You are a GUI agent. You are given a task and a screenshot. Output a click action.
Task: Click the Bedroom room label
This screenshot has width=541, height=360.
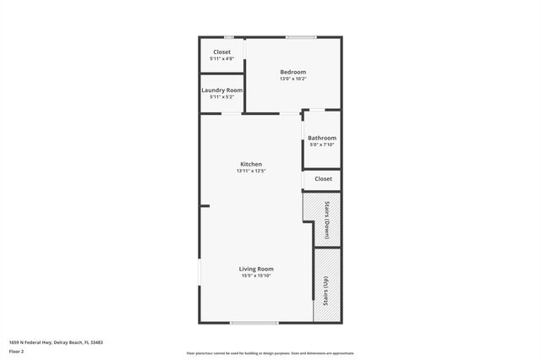coord(292,72)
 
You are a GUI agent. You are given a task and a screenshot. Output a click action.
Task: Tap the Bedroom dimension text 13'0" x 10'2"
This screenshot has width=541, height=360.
coord(292,79)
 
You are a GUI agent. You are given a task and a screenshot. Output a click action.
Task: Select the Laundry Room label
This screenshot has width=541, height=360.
coord(221,90)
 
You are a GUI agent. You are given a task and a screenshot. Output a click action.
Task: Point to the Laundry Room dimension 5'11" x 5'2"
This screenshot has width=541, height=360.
coord(221,97)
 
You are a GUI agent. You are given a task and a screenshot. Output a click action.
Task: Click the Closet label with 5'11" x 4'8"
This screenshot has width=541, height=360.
coord(221,52)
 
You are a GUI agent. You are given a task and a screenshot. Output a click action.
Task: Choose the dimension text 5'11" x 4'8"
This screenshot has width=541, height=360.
coord(221,59)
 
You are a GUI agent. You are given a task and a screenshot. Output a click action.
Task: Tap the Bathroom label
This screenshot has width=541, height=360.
coord(321,138)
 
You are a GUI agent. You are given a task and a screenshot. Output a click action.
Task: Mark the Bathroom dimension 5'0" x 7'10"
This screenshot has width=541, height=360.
coord(321,145)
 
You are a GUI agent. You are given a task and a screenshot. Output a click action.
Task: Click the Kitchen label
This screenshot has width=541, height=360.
coord(251,164)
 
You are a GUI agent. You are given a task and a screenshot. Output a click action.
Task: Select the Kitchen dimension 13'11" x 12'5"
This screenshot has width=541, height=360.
coord(251,172)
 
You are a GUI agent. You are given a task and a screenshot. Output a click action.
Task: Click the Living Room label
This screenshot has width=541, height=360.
coord(256,269)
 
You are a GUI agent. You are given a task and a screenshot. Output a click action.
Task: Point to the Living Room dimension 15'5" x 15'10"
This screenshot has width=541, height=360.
coord(256,276)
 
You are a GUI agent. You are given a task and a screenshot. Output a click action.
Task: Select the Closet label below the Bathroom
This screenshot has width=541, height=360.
coord(323,179)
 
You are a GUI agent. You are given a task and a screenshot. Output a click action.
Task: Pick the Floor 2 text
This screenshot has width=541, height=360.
coord(16,350)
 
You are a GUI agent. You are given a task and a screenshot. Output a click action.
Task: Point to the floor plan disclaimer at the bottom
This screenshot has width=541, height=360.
coord(270,353)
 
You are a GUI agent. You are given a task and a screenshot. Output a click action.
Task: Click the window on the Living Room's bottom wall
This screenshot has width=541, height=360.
coord(254,323)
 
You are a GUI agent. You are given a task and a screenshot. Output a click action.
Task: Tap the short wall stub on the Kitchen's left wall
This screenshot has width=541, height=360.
coord(205,205)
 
